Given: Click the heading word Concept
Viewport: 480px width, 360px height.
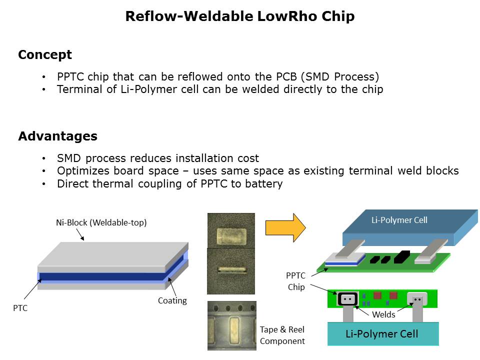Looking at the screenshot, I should [x=45, y=55].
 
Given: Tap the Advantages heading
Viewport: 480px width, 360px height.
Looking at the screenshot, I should [x=57, y=136].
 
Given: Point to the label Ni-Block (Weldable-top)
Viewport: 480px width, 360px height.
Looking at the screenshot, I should [x=101, y=223].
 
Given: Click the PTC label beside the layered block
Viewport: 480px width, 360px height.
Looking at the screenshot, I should [x=20, y=308].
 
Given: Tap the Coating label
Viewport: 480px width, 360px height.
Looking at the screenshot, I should [x=172, y=300].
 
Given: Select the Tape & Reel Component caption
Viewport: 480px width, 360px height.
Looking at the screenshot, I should [x=282, y=335].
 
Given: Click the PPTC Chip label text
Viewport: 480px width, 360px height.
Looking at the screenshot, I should [x=295, y=281].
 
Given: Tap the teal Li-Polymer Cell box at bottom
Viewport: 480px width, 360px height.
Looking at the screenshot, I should [x=382, y=334].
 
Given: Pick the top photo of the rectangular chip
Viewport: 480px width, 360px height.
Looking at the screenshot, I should [x=230, y=230].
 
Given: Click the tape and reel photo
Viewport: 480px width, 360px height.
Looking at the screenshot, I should [x=231, y=325].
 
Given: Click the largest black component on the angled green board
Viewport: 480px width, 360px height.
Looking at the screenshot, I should [x=402, y=257].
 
